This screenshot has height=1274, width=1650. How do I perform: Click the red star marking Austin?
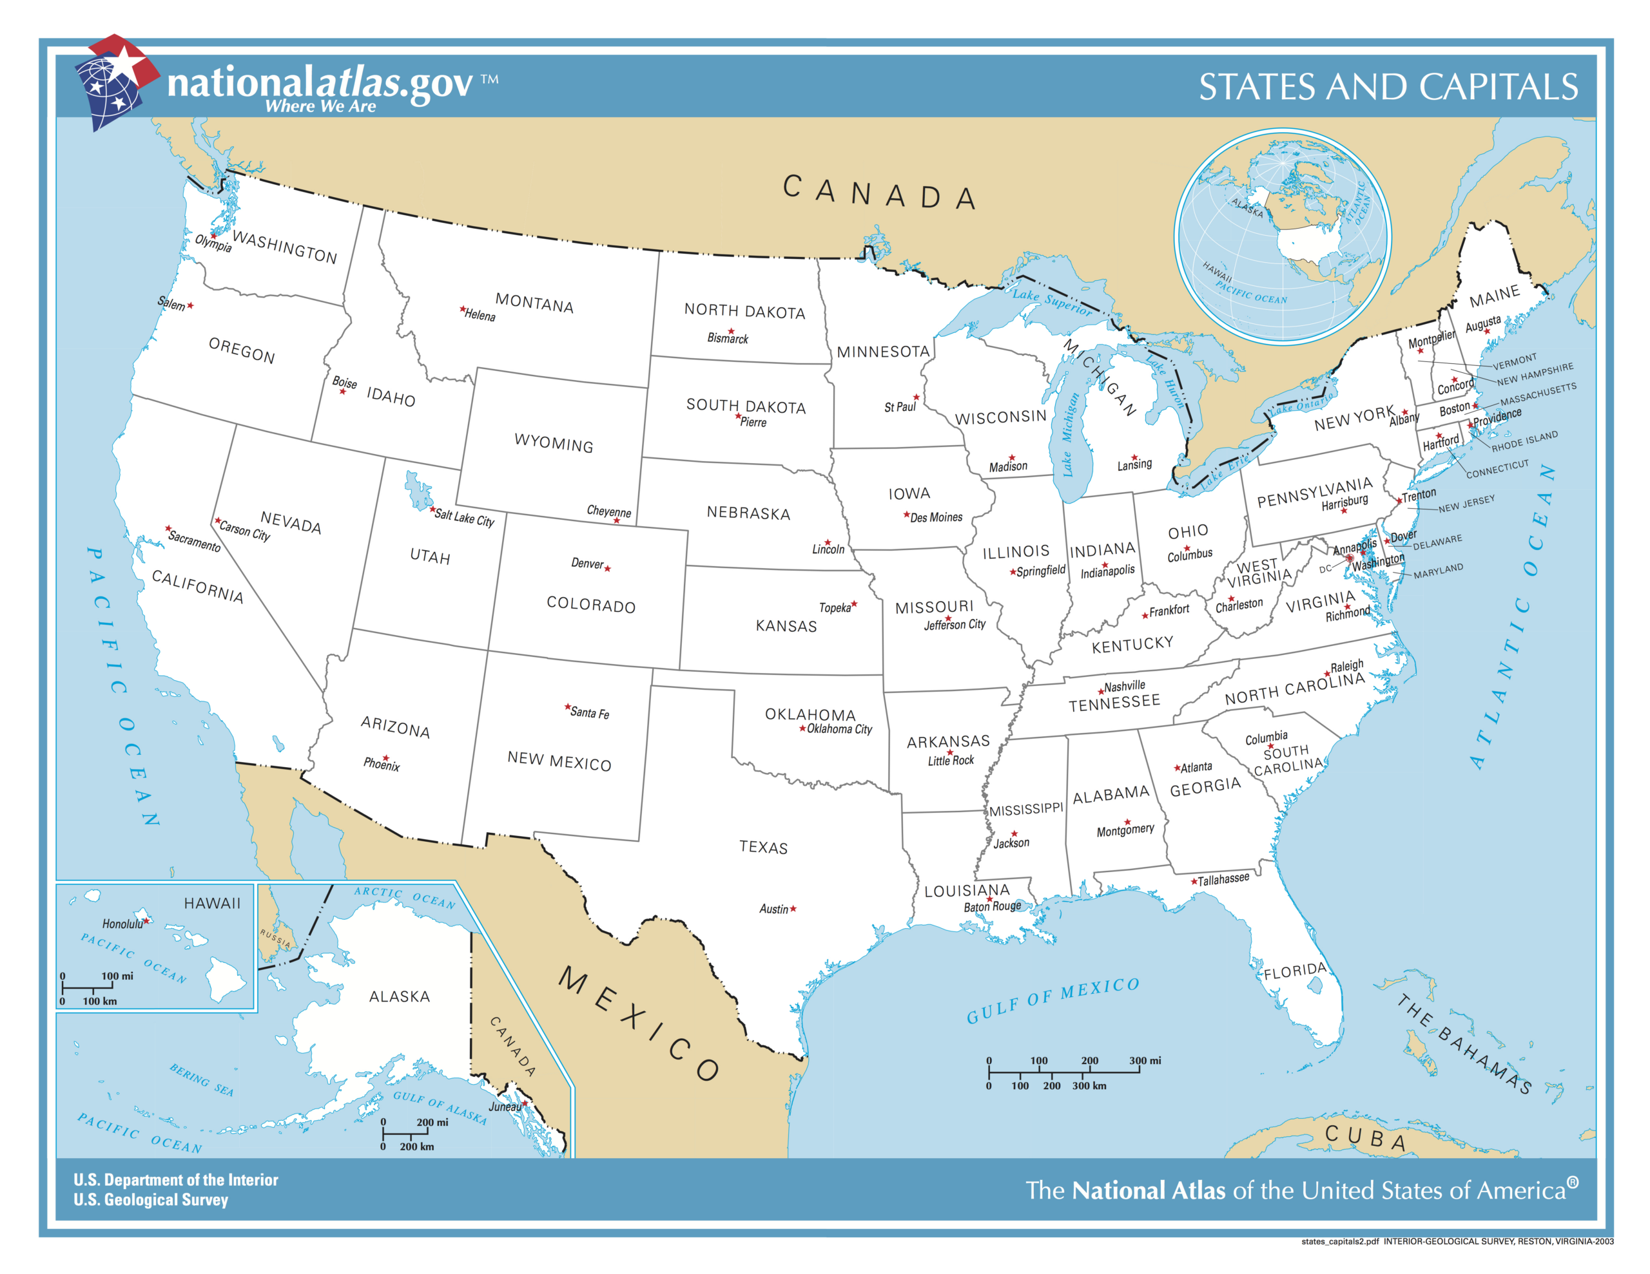click(x=793, y=909)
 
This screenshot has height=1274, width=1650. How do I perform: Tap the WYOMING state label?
click(x=553, y=442)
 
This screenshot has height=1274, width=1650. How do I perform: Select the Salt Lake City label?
click(x=464, y=519)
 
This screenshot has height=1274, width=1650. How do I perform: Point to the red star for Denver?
click(x=607, y=568)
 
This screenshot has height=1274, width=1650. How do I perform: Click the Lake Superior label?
click(x=1052, y=301)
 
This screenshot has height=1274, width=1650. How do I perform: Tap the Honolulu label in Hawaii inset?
click(x=122, y=924)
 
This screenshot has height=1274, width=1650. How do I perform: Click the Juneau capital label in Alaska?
click(x=504, y=1107)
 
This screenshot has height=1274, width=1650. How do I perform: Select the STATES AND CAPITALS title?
click(x=1388, y=87)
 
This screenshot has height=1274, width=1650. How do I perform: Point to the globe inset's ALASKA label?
click(x=1247, y=207)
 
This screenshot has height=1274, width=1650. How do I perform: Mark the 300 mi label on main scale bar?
click(x=1145, y=1060)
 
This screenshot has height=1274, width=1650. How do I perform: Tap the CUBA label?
click(x=1366, y=1138)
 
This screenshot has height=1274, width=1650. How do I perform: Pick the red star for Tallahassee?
click(x=1194, y=881)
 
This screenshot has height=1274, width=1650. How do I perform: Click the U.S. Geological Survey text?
click(x=150, y=1200)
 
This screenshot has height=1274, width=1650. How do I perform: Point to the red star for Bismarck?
click(x=730, y=331)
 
